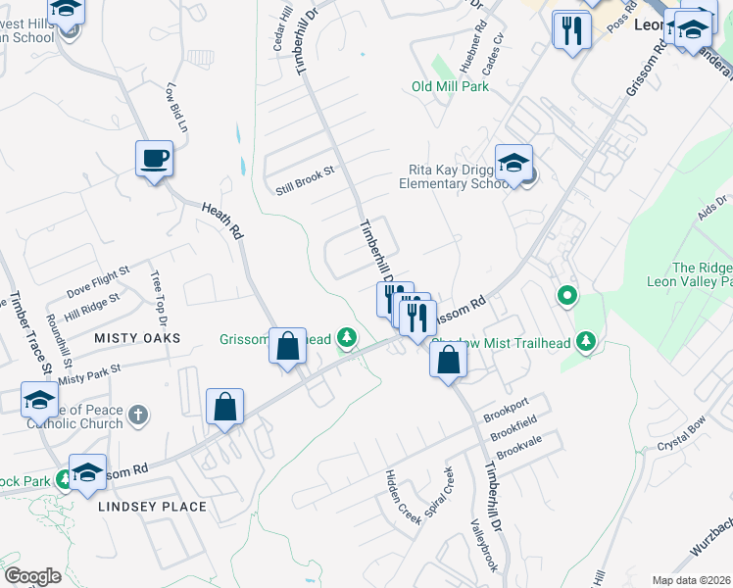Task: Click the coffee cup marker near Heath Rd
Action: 154,159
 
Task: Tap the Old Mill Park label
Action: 450,86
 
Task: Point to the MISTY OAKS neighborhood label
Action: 137,337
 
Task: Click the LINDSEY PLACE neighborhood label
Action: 152,507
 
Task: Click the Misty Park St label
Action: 88,373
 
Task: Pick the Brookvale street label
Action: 518,449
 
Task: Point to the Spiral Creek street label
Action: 437,494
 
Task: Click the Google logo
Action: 32,575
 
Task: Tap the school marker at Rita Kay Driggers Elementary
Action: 513,164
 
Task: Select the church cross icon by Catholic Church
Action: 139,415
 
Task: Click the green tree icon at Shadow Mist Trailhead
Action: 586,340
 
